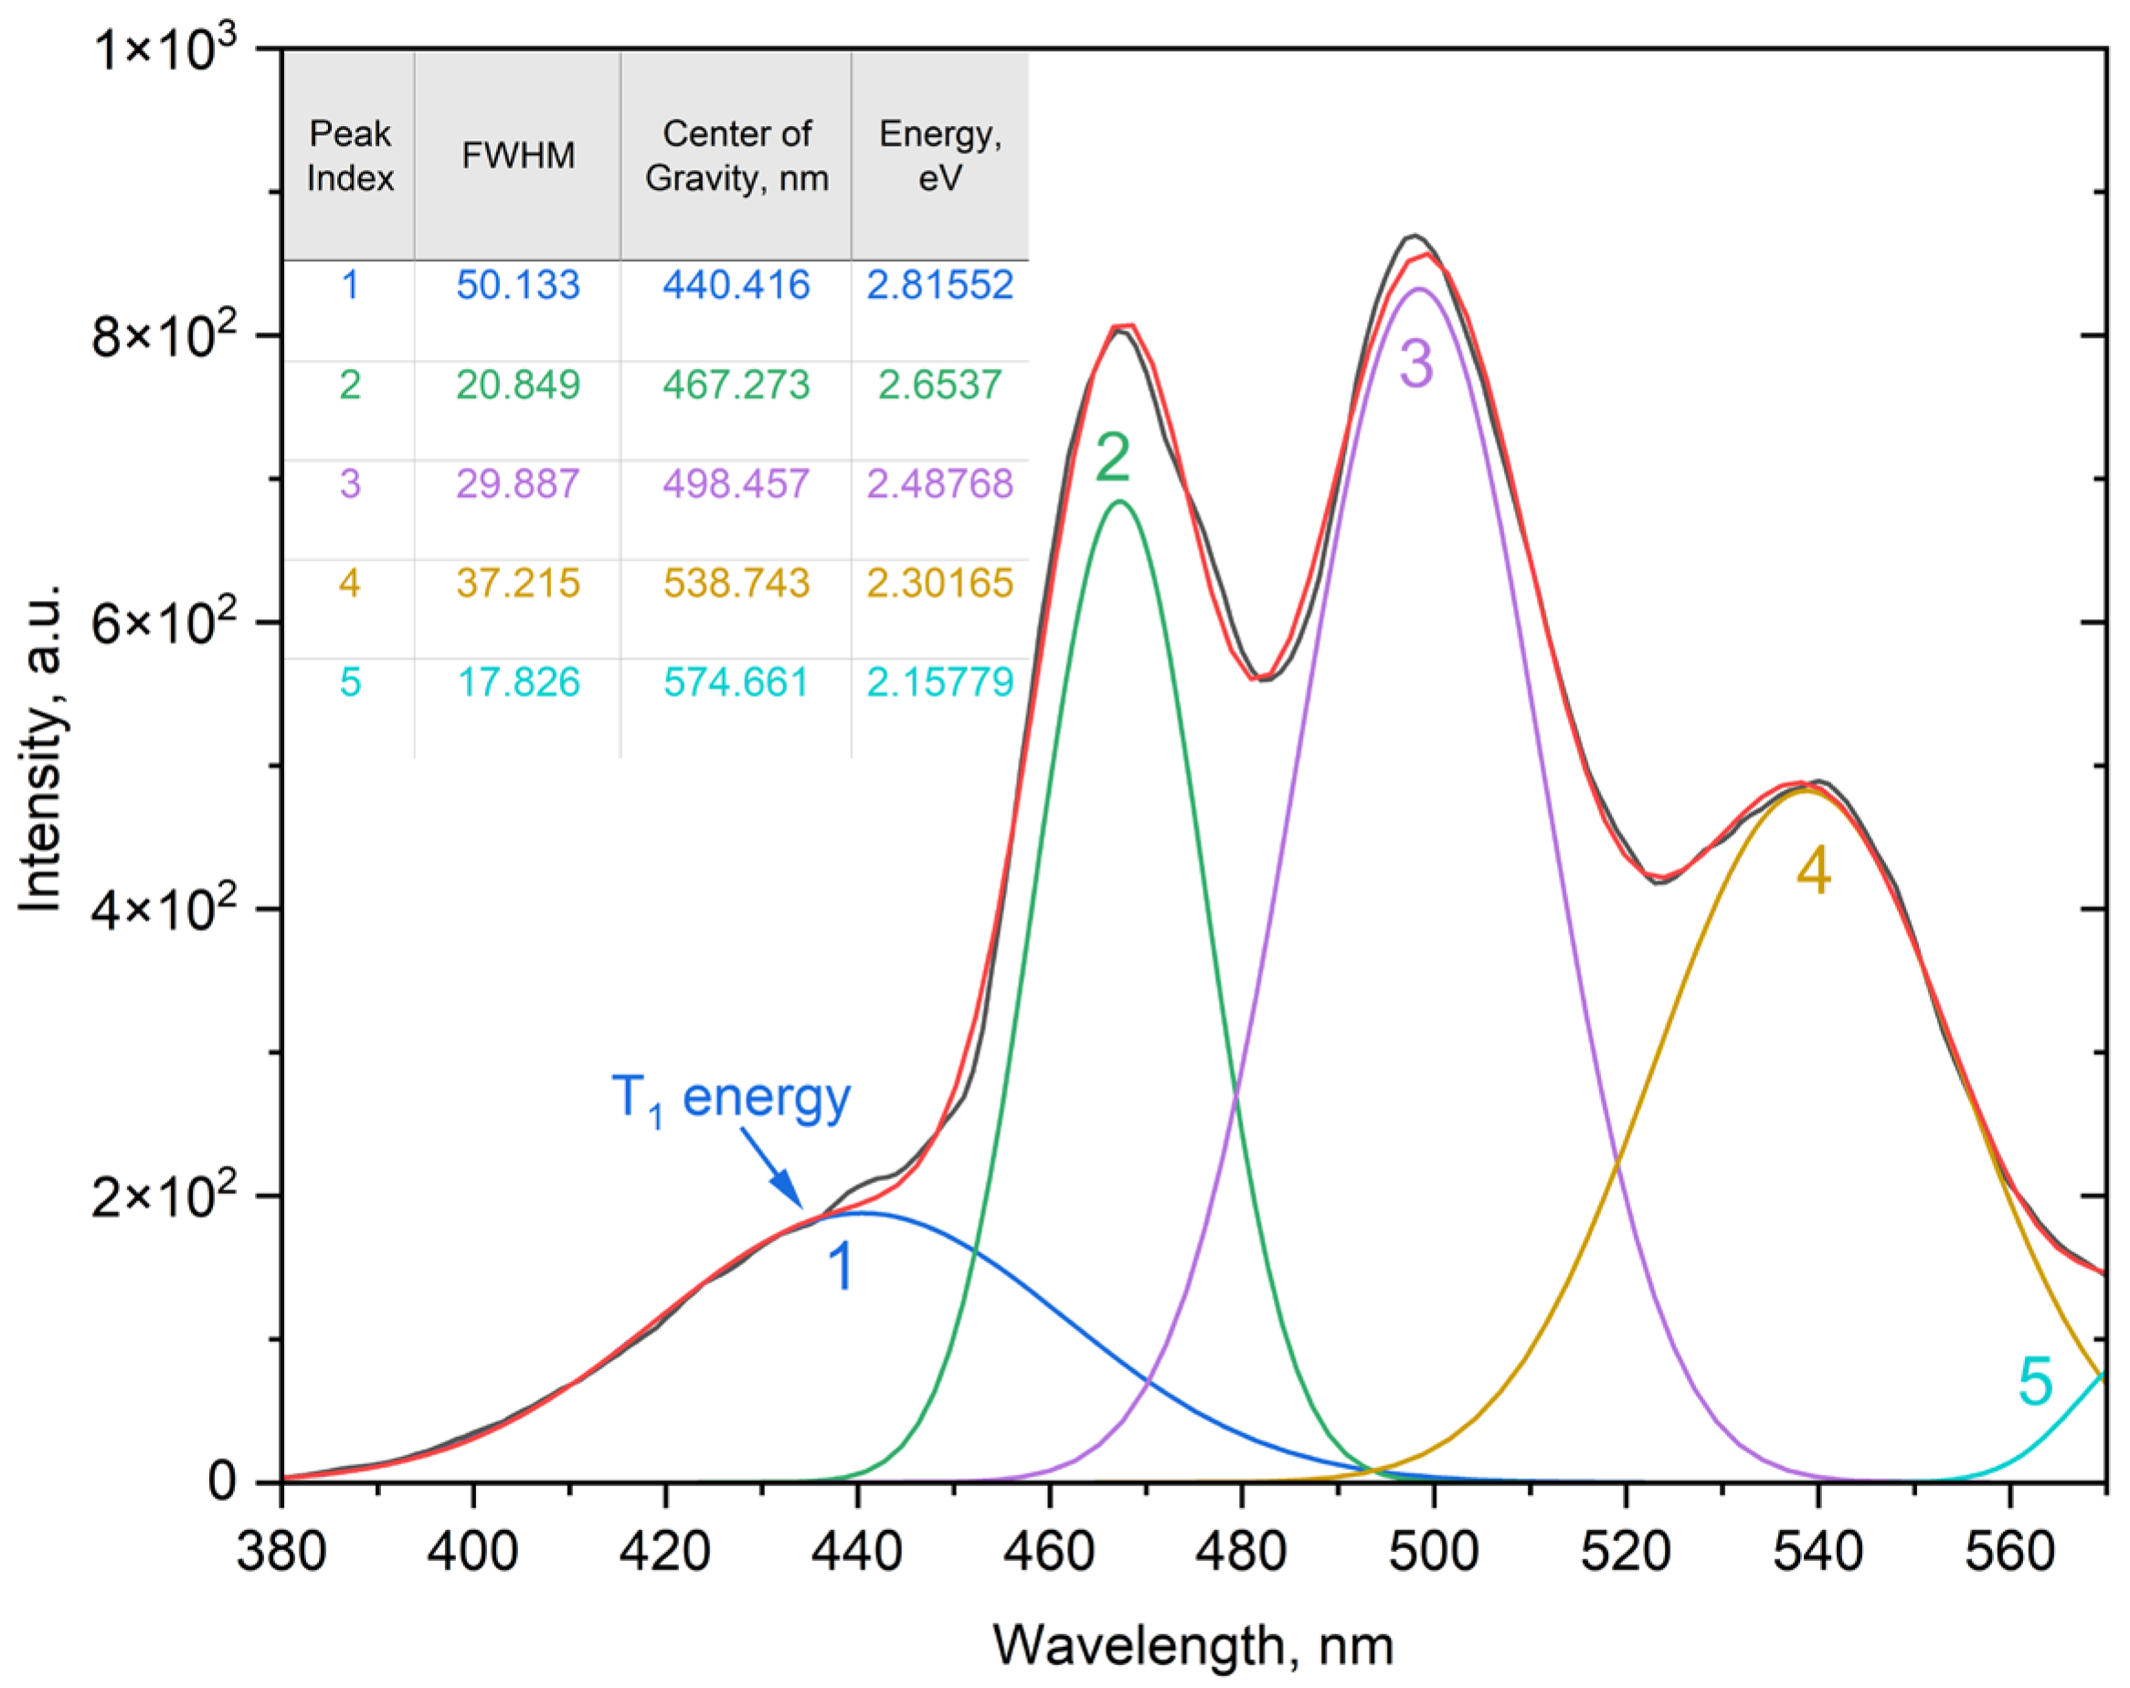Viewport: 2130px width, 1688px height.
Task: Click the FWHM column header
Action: pyautogui.click(x=518, y=156)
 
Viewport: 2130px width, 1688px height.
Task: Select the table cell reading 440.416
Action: pyautogui.click(x=736, y=286)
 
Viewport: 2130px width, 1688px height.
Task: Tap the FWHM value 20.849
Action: pyautogui.click(x=518, y=385)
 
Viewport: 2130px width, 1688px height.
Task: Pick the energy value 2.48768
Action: pyautogui.click(x=939, y=484)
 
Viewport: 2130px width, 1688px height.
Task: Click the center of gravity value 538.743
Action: pyautogui.click(x=736, y=583)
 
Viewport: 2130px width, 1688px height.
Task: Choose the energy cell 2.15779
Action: pyautogui.click(x=939, y=682)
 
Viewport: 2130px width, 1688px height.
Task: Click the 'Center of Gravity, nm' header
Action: pyautogui.click(x=736, y=156)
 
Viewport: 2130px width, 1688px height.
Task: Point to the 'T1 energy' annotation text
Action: pyautogui.click(x=731, y=1097)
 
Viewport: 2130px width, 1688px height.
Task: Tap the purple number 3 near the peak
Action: pyautogui.click(x=1415, y=364)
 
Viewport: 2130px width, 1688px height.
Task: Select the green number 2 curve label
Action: pyautogui.click(x=1112, y=459)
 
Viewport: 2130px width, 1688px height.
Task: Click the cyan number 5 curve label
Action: pyautogui.click(x=2035, y=1381)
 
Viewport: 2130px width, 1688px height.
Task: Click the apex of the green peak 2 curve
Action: pyautogui.click(x=1119, y=501)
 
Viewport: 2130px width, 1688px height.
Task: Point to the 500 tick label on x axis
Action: pyautogui.click(x=1434, y=1552)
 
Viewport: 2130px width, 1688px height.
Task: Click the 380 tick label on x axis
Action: pyautogui.click(x=281, y=1552)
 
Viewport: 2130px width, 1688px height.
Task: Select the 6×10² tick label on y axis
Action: pyautogui.click(x=165, y=622)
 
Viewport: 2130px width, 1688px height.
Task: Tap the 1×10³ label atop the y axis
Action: pyautogui.click(x=165, y=49)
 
